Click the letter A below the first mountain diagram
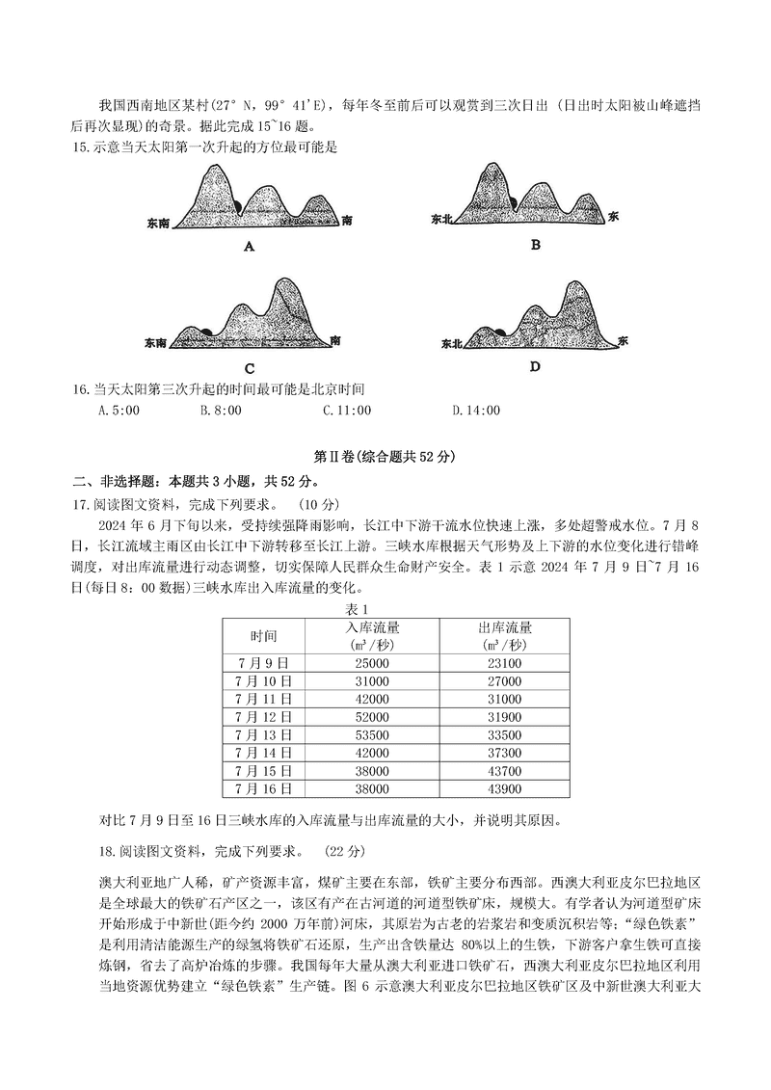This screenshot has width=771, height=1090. pyautogui.click(x=249, y=247)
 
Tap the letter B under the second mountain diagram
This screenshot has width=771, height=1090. pyautogui.click(x=536, y=245)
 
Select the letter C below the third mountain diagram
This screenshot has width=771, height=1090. pyautogui.click(x=249, y=368)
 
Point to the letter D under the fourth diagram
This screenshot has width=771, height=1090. pyautogui.click(x=535, y=366)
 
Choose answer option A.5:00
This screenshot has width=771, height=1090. pyautogui.click(x=120, y=411)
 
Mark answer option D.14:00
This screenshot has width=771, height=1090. pyautogui.click(x=476, y=411)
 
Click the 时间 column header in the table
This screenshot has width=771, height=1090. pyautogui.click(x=263, y=636)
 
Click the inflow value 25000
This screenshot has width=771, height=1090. pyautogui.click(x=371, y=663)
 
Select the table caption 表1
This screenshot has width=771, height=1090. pyautogui.click(x=358, y=609)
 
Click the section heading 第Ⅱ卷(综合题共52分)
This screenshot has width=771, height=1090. pyautogui.click(x=385, y=456)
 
